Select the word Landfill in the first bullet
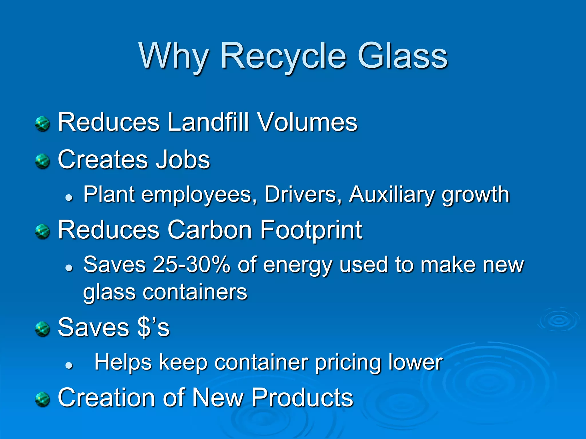tap(208, 122)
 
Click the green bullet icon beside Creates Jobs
tap(43, 161)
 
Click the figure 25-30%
tap(191, 265)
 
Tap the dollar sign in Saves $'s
tap(144, 328)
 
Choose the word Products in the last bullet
tap(302, 398)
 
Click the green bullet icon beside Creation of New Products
tap(43, 399)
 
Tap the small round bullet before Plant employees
tap(69, 197)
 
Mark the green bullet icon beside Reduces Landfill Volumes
tap(43, 124)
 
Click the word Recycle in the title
tap(283, 57)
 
